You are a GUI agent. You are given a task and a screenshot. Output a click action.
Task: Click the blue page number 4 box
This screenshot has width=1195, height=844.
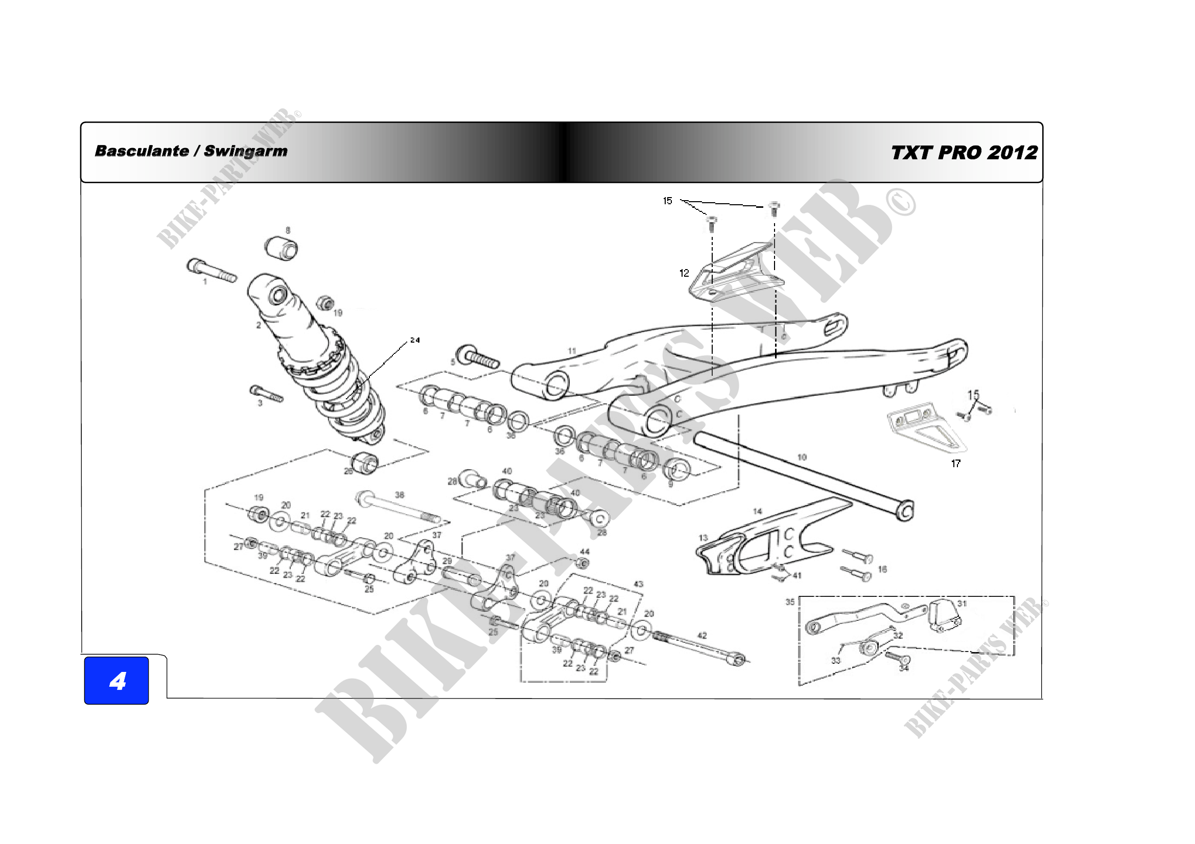pos(116,680)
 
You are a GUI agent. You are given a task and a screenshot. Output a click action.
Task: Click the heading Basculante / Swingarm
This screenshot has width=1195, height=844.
pos(191,151)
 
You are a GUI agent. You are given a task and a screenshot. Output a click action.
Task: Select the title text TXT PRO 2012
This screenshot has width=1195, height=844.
pos(964,153)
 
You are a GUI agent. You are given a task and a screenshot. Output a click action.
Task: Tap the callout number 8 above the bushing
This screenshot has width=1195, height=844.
pos(288,230)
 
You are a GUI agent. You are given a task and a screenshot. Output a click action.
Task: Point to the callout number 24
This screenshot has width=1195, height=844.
pos(415,340)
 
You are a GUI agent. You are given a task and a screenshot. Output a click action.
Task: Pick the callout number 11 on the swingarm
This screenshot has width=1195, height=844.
pos(572,351)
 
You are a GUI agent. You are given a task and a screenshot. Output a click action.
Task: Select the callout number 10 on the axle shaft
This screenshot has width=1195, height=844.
pos(802,457)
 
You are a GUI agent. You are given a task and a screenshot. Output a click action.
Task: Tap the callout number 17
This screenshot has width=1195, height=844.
pos(956,463)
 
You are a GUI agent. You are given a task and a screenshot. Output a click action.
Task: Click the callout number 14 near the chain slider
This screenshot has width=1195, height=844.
pos(758,512)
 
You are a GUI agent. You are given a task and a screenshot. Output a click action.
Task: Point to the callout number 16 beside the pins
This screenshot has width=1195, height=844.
pos(883,569)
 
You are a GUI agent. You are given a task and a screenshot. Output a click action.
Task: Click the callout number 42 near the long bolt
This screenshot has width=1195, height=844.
pos(702,636)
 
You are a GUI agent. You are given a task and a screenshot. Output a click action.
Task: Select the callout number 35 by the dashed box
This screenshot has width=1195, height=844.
pos(790,601)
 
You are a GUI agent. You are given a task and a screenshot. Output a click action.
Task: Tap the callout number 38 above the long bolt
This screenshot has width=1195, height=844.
pos(400,495)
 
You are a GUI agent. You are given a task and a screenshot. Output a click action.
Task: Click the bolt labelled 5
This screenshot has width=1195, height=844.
pos(478,357)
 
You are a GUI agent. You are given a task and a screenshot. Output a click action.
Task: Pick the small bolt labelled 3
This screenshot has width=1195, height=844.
pos(267,394)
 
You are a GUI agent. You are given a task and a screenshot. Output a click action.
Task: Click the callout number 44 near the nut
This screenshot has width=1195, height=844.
pos(585,552)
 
